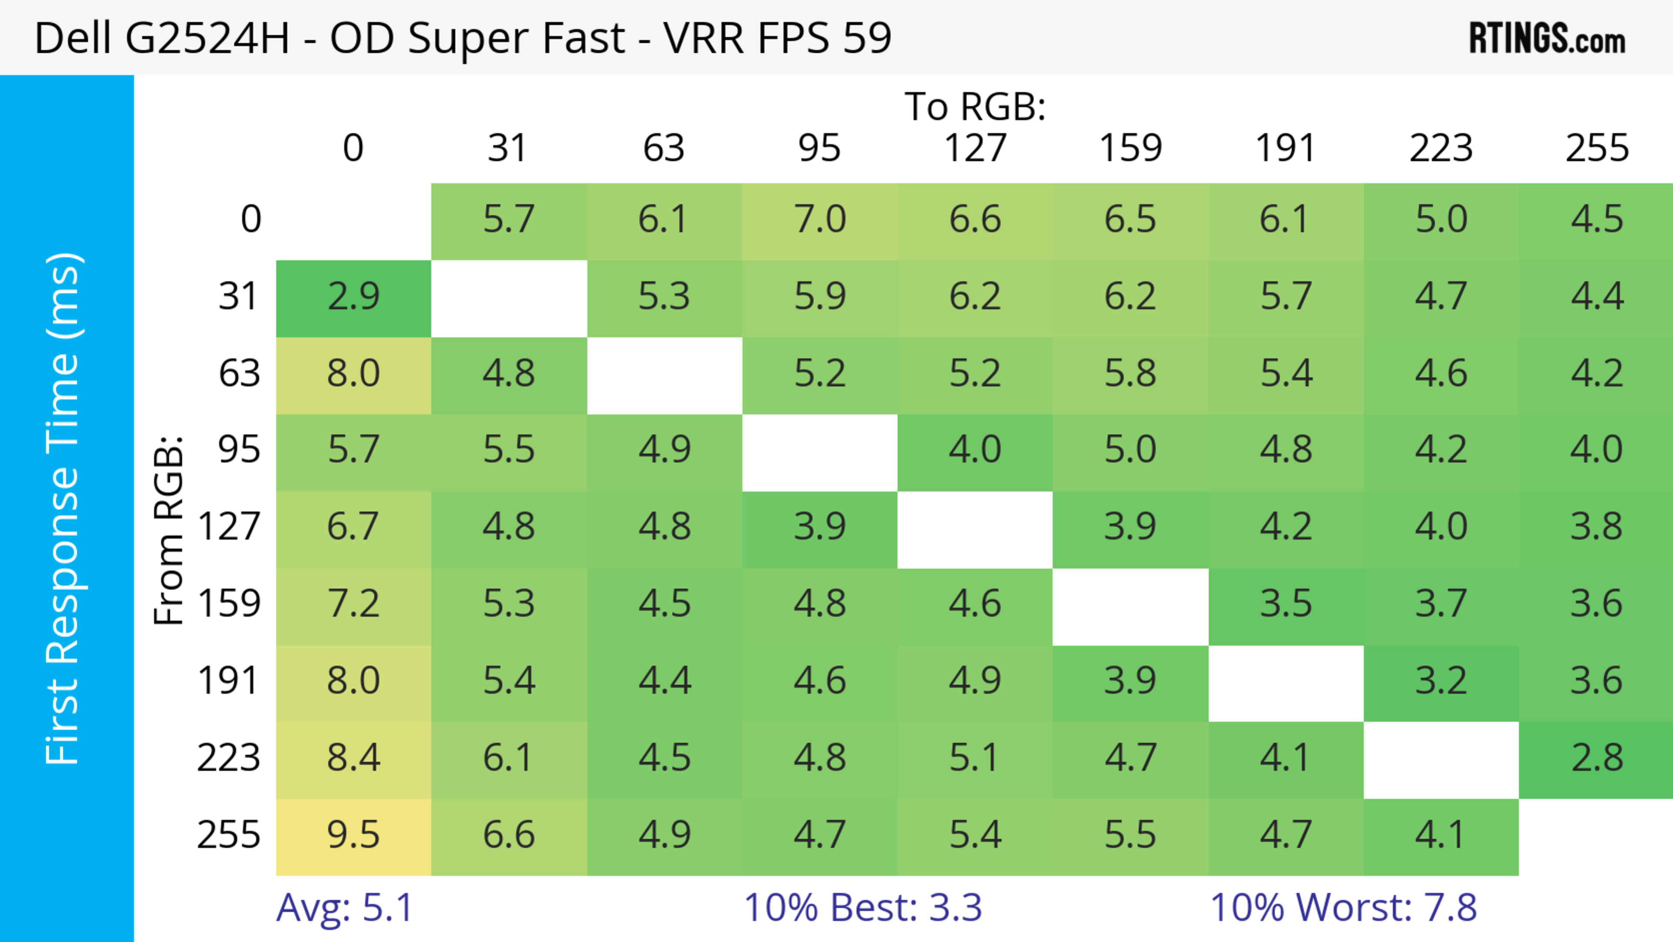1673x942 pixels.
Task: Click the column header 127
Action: (x=975, y=148)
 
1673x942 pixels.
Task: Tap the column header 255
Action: (x=1596, y=148)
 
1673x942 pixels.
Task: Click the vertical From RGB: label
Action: (x=169, y=530)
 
